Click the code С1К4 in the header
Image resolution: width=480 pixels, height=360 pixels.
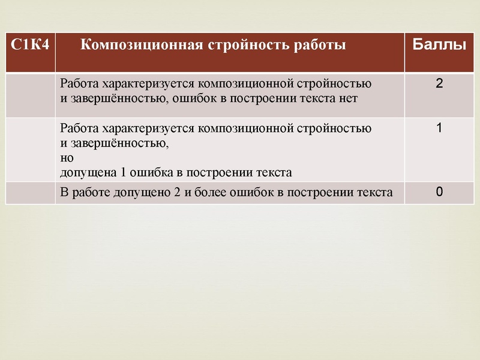29,44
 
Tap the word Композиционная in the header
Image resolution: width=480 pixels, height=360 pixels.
142,45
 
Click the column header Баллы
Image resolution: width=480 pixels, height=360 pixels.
439,44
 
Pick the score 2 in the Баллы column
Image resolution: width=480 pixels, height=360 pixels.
439,83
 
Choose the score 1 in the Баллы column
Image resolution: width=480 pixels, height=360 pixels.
439,128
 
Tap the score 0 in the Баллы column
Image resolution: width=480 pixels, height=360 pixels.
439,191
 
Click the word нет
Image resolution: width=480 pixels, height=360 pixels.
348,99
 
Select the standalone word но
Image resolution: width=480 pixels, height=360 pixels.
67,158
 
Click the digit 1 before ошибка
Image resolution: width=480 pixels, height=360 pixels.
123,172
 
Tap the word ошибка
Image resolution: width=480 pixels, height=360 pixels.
152,172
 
